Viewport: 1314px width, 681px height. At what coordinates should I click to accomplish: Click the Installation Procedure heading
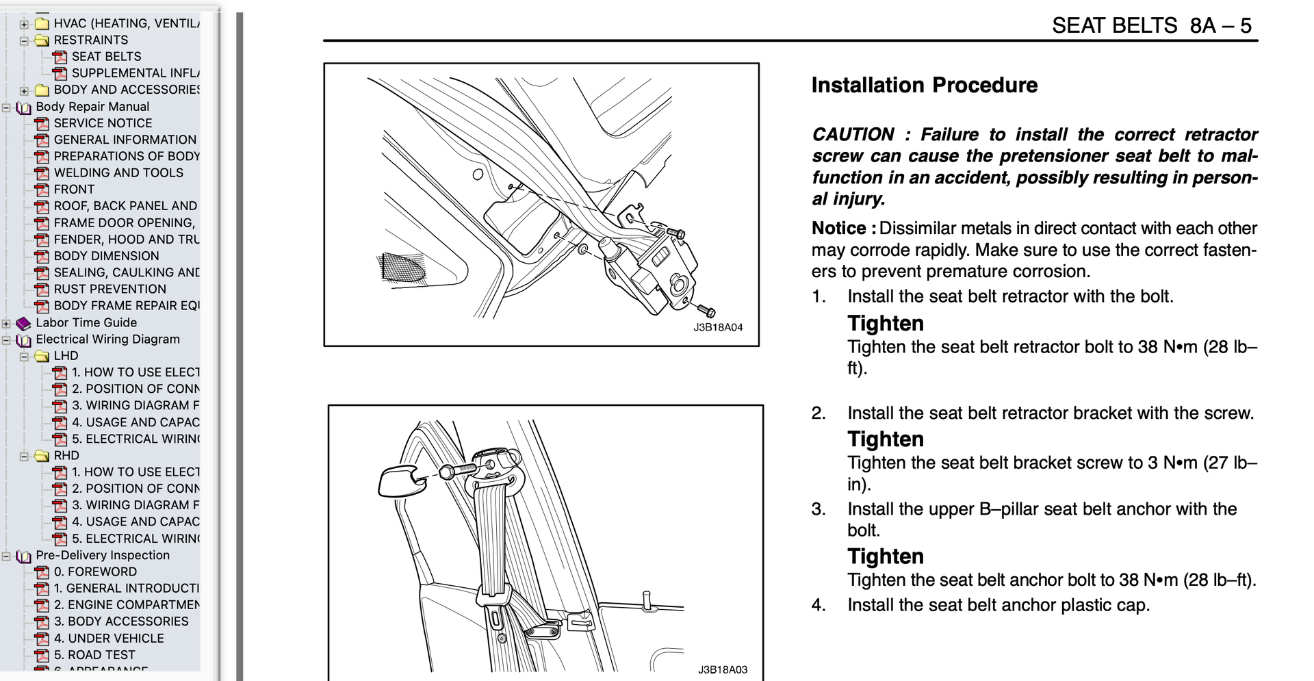[924, 86]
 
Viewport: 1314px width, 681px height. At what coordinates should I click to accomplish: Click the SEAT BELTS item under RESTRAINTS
[106, 57]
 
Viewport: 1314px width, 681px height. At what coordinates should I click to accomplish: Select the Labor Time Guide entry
[86, 323]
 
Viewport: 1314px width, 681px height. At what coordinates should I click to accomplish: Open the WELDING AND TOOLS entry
[118, 173]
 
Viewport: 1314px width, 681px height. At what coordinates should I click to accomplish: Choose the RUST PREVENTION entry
[109, 290]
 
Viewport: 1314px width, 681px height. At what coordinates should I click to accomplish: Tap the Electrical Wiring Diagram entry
[107, 339]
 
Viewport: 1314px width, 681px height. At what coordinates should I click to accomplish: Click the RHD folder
[66, 456]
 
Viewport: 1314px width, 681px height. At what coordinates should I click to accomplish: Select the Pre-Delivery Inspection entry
[103, 556]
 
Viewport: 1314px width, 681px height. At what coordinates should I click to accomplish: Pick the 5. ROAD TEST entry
[94, 655]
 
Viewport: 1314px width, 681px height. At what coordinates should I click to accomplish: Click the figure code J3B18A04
[718, 328]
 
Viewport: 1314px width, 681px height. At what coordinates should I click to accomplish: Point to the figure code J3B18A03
[722, 670]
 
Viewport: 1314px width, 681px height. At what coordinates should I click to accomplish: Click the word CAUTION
[853, 135]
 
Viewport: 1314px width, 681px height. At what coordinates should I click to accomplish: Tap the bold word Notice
[839, 229]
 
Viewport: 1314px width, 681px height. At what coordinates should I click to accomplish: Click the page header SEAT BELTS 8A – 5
[1151, 26]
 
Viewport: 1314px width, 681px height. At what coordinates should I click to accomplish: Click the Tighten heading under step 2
[886, 439]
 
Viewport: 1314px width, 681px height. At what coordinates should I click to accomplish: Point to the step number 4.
[819, 606]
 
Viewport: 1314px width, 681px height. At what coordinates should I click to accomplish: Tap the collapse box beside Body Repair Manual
[6, 107]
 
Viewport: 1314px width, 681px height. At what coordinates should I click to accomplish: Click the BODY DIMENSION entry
[106, 256]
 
